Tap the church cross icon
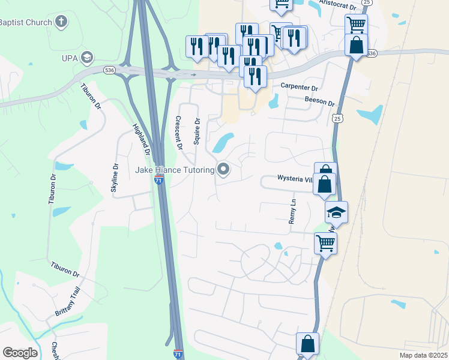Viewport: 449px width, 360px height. click(60, 23)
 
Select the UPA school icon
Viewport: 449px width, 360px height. click(88, 58)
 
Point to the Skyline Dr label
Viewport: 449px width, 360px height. click(115, 178)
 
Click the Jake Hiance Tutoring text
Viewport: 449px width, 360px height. click(175, 170)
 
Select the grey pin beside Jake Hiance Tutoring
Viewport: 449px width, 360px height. click(224, 170)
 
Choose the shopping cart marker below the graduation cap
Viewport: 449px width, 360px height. click(325, 243)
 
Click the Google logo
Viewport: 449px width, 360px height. click(20, 353)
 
